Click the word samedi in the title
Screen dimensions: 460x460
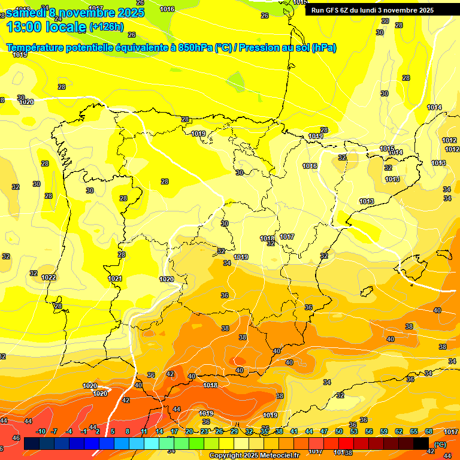tap(27, 12)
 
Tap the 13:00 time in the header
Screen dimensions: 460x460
tap(24, 27)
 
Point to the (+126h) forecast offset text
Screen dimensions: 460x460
tap(106, 27)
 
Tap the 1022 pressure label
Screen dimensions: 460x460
tap(49, 277)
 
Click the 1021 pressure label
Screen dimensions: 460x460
tap(115, 279)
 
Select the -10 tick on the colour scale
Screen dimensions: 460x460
tap(41, 431)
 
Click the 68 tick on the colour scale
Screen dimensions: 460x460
tap(429, 431)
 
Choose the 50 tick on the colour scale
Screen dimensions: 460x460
tap(339, 431)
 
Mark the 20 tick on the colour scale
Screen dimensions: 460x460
tap(189, 431)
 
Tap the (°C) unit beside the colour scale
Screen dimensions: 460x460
tap(440, 444)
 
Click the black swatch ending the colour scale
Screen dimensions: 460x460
tap(421, 444)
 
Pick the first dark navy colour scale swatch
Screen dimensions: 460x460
tap(32, 444)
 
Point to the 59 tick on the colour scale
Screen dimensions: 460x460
tap(384, 431)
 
